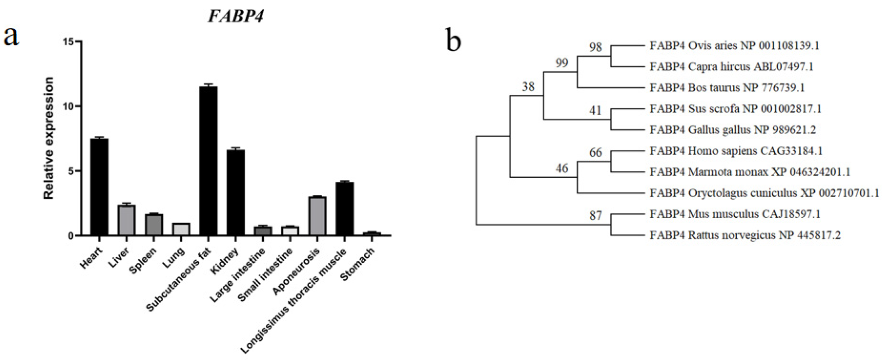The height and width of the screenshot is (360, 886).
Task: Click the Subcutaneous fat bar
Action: click(208, 161)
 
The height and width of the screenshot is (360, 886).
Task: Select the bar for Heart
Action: click(99, 187)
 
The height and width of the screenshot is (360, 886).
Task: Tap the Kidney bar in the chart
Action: click(236, 193)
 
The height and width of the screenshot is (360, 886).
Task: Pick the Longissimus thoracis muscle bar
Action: click(344, 209)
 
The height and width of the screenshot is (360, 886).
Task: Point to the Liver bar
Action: click(127, 220)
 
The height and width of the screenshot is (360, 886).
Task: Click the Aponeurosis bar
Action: click(317, 216)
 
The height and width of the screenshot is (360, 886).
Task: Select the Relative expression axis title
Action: click(48, 138)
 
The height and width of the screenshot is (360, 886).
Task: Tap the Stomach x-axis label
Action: click(357, 264)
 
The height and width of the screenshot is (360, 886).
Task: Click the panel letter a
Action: click(11, 37)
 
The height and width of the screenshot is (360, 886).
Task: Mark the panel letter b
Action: click(454, 40)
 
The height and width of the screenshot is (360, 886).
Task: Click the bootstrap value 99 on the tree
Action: click(561, 63)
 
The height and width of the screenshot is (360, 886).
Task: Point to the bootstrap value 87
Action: click(595, 216)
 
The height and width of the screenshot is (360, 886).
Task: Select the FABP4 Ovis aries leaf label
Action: click(734, 46)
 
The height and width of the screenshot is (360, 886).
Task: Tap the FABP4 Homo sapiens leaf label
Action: click(736, 151)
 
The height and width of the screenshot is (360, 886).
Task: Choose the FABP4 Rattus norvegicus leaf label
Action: click(745, 235)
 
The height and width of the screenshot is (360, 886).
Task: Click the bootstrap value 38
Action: click(528, 87)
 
